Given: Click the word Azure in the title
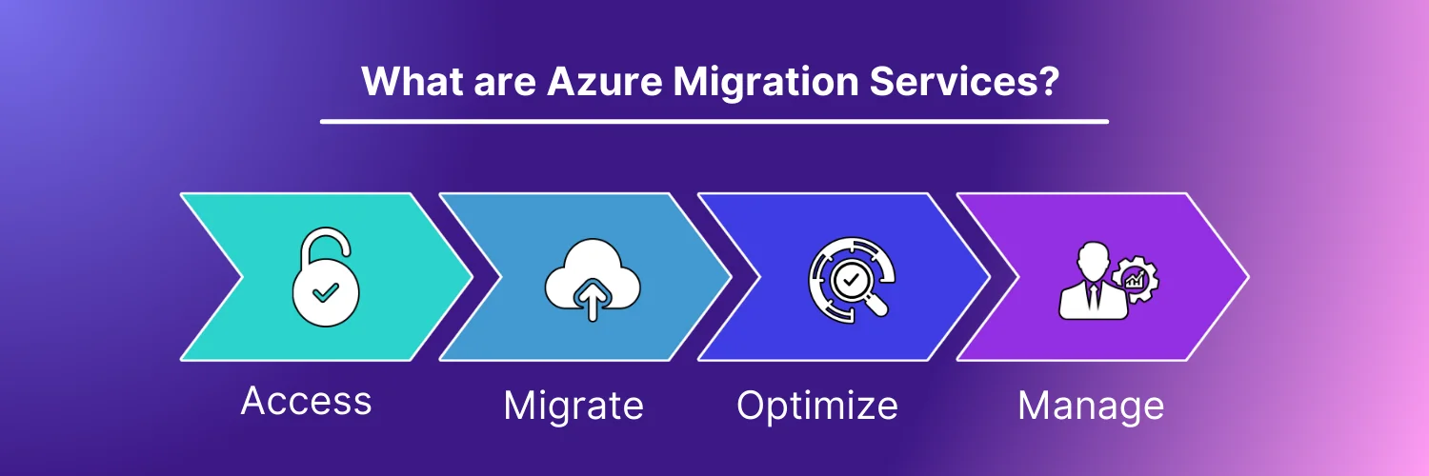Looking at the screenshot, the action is tap(605, 82).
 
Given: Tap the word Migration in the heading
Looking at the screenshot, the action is tap(766, 83).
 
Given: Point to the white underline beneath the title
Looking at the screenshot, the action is tap(714, 121).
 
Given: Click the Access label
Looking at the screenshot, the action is tap(306, 401).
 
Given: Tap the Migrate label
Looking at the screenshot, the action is tap(574, 407).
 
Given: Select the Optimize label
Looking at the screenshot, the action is tap(817, 407).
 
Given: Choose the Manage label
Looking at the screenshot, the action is tap(1091, 407).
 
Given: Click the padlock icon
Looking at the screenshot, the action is tap(326, 278).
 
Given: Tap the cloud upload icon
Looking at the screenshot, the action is tap(592, 280).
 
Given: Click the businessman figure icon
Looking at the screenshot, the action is tap(1093, 281).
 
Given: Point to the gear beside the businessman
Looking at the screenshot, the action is tap(1136, 280).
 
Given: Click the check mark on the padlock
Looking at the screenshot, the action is tap(326, 292).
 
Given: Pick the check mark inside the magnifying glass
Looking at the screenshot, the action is tap(851, 279).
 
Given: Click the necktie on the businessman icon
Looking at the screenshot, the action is tap(1094, 296).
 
